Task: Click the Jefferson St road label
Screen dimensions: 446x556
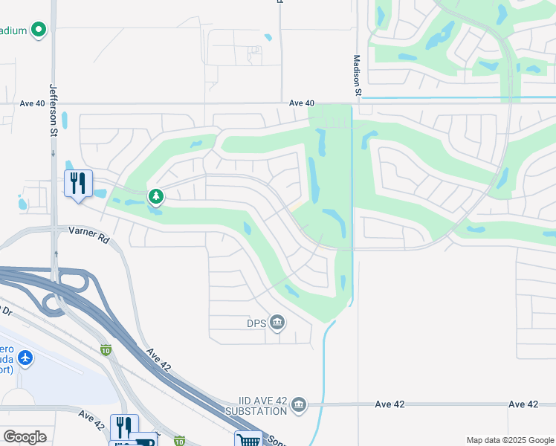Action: (54, 109)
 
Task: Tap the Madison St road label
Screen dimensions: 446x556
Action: (357, 75)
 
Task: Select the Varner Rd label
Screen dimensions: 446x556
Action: (89, 236)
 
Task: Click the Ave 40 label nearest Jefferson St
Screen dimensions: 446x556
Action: (33, 103)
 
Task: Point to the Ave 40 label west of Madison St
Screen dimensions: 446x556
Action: (302, 103)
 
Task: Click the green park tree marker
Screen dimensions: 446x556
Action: (156, 197)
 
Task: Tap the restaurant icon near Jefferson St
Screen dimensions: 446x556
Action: (78, 183)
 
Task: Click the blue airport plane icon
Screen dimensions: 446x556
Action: (26, 358)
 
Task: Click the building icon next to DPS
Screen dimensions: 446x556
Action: (277, 322)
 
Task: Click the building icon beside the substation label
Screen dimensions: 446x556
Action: (299, 404)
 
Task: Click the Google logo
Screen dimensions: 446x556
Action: (25, 437)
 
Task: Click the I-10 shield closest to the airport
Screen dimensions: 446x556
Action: (106, 349)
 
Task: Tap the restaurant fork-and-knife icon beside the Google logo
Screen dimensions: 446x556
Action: (124, 427)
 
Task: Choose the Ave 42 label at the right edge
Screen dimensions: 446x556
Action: (523, 404)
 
